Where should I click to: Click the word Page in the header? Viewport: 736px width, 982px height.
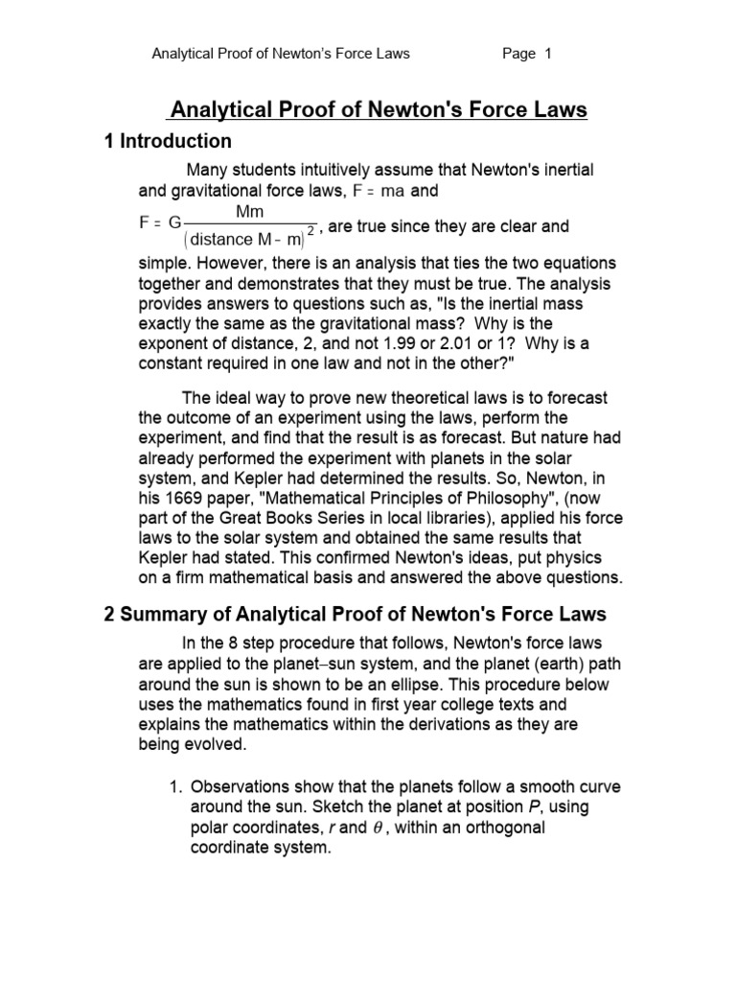(518, 54)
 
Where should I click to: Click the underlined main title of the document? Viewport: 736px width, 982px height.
(379, 110)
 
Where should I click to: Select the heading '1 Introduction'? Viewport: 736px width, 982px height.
(168, 141)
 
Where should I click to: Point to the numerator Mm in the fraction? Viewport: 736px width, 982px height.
(249, 211)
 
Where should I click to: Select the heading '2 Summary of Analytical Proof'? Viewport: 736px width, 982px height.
(355, 614)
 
